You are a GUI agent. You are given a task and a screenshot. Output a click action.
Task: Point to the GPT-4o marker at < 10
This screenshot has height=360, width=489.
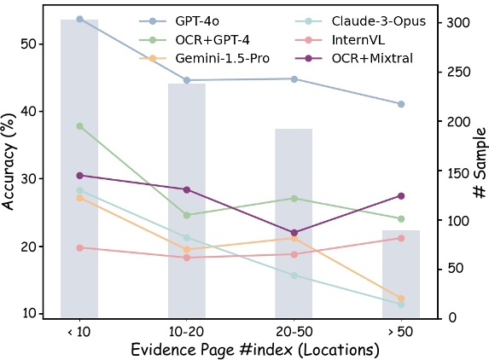pyautogui.click(x=79, y=19)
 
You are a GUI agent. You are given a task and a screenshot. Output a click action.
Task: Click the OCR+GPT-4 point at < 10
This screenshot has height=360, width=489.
pyautogui.click(x=79, y=126)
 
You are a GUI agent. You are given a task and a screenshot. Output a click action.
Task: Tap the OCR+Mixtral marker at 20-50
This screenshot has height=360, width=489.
pyautogui.click(x=294, y=232)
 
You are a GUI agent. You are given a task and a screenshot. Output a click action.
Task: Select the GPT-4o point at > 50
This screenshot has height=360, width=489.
pyautogui.click(x=401, y=104)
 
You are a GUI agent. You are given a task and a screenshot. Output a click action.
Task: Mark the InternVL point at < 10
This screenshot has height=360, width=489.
pyautogui.click(x=79, y=247)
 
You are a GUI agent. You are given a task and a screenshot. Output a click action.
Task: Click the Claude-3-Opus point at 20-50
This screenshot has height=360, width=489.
pyautogui.click(x=294, y=275)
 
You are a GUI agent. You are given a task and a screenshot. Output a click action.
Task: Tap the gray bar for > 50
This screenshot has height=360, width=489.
pyautogui.click(x=401, y=273)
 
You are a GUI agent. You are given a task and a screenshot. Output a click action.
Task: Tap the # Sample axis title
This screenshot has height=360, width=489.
pyautogui.click(x=478, y=162)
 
